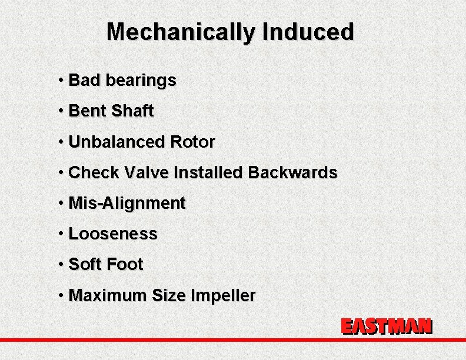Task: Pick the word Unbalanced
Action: (x=116, y=142)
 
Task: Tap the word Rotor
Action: (x=192, y=142)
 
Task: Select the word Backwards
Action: (x=292, y=172)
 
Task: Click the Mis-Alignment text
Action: (x=127, y=204)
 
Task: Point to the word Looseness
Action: (x=113, y=234)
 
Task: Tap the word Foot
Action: (x=124, y=265)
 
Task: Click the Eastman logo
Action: (x=387, y=327)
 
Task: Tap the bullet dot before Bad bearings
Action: (x=61, y=79)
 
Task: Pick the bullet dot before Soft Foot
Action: (x=61, y=264)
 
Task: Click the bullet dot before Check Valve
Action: (x=61, y=172)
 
